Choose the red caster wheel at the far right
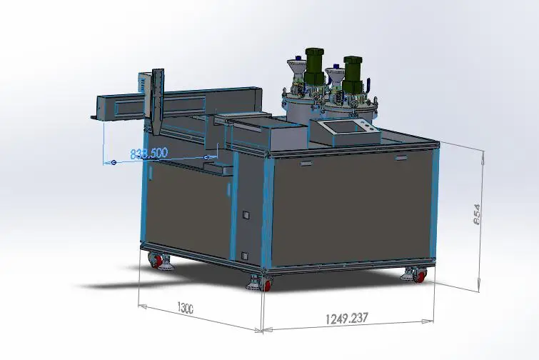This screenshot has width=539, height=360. [420, 275]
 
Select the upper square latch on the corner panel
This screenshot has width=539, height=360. [245, 215]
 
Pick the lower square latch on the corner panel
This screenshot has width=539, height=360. [245, 255]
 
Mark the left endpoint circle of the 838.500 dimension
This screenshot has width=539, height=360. [114, 163]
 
